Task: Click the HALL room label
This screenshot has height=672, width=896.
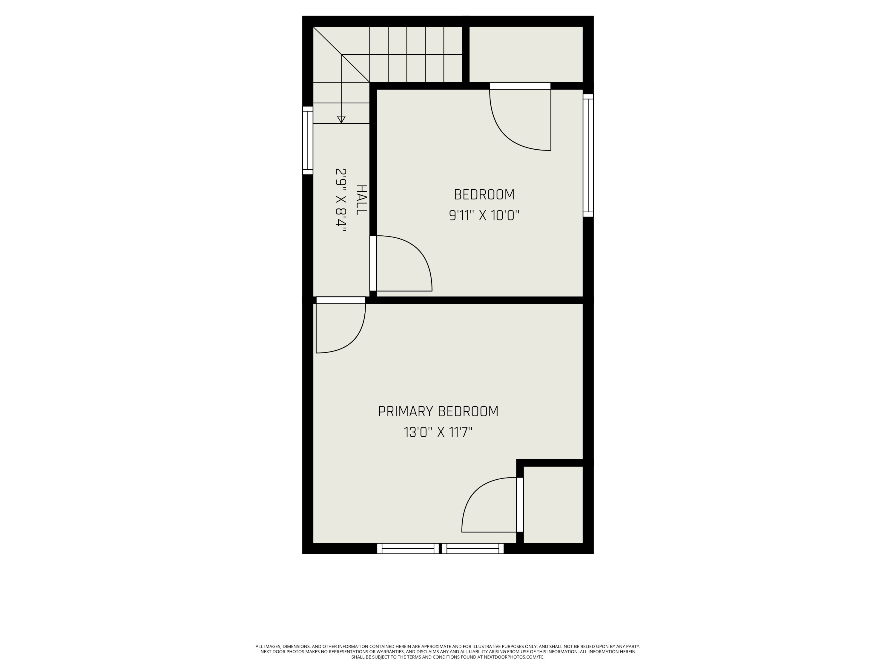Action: click(x=361, y=200)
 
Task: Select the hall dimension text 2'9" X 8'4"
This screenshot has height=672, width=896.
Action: click(x=341, y=200)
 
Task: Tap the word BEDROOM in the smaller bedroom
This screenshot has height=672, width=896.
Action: click(x=484, y=195)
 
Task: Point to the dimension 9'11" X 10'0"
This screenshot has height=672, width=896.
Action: click(x=484, y=216)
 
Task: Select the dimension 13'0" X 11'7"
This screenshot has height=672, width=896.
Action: click(x=438, y=432)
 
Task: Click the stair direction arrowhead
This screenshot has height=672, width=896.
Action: click(x=341, y=119)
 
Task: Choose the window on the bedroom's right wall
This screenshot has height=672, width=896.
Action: click(x=588, y=156)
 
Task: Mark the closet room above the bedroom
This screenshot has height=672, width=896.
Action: click(x=526, y=54)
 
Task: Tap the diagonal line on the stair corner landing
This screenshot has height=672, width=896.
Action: click(x=341, y=54)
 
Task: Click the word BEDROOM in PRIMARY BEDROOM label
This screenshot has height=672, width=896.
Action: click(x=468, y=412)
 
